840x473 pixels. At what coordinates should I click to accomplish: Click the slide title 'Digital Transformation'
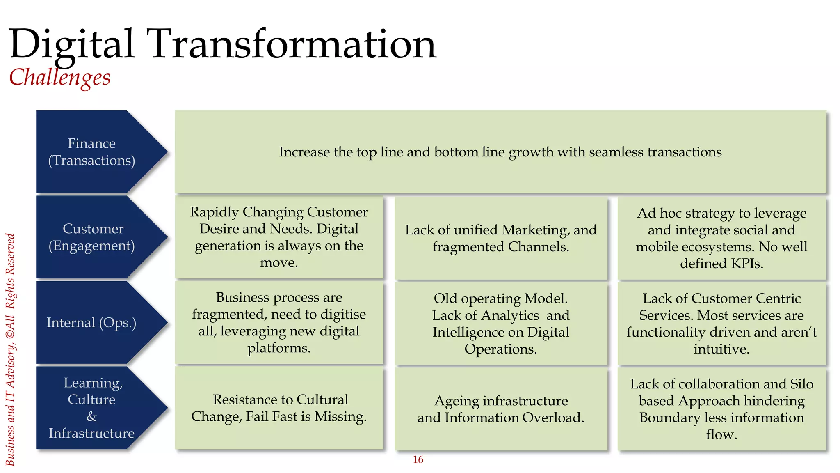pyautogui.click(x=223, y=44)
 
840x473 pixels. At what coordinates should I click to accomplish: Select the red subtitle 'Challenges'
pyautogui.click(x=60, y=77)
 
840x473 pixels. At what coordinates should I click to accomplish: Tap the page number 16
pyautogui.click(x=418, y=459)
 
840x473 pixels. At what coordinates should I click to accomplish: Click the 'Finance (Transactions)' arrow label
pyautogui.click(x=91, y=152)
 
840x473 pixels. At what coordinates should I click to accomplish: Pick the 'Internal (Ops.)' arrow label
pyautogui.click(x=91, y=323)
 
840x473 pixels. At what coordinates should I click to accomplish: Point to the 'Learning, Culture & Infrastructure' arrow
pyautogui.click(x=91, y=408)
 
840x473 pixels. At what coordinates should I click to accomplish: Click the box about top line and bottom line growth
pyautogui.click(x=500, y=152)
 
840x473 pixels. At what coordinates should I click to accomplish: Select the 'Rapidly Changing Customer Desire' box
pyautogui.click(x=279, y=237)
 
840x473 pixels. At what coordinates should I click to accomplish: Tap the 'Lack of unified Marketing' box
pyautogui.click(x=500, y=238)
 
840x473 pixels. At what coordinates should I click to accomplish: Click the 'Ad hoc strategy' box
pyautogui.click(x=721, y=238)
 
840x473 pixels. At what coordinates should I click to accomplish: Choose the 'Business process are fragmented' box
pyautogui.click(x=279, y=323)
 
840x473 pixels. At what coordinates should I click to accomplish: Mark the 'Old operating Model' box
pyautogui.click(x=500, y=324)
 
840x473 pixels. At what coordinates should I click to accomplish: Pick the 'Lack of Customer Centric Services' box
pyautogui.click(x=721, y=324)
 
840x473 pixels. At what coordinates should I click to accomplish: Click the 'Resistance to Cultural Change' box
pyautogui.click(x=279, y=408)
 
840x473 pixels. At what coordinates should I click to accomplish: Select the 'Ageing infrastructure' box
pyautogui.click(x=500, y=409)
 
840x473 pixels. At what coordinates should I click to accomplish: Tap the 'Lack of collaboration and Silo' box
pyautogui.click(x=721, y=409)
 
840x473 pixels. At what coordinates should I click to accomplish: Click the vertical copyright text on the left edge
pyautogui.click(x=10, y=349)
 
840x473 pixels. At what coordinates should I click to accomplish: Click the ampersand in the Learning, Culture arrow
pyautogui.click(x=92, y=416)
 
